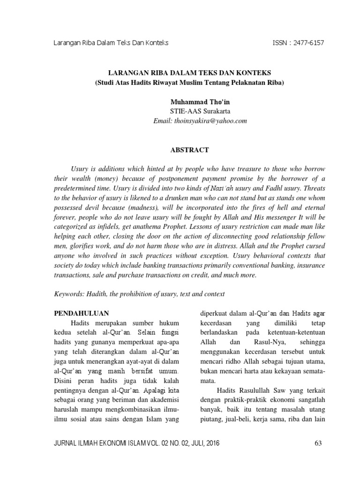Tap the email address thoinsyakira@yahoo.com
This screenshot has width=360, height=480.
(x=200, y=121)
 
